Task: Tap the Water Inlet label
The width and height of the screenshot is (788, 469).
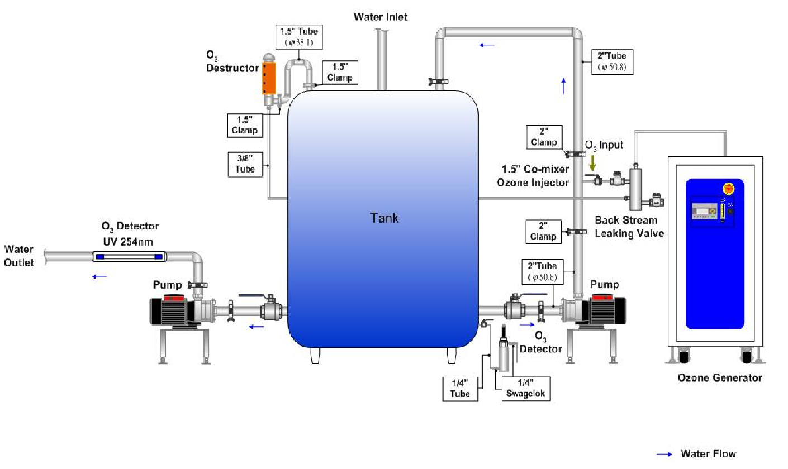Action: [x=381, y=17]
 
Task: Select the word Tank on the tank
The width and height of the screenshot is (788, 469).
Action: [x=385, y=218]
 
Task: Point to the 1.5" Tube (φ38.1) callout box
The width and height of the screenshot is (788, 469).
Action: [x=299, y=36]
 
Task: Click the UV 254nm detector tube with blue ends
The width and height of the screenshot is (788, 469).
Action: [x=129, y=257]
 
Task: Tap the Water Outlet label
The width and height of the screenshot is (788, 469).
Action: [x=20, y=256]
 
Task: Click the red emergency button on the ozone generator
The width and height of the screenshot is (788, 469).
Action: [x=728, y=189]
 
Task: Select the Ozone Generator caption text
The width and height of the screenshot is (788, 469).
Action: [x=720, y=378]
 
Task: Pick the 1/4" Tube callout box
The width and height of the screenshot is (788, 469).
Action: [x=461, y=387]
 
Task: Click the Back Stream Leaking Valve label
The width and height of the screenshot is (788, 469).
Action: [x=629, y=227]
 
